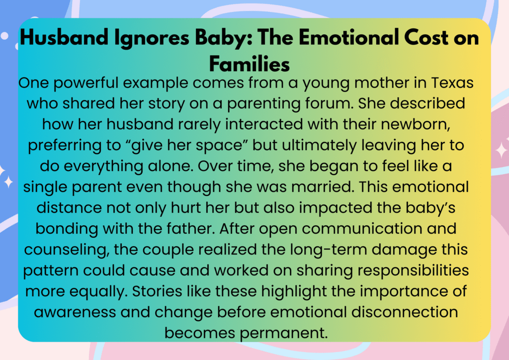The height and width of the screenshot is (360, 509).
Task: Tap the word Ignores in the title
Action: [152, 39]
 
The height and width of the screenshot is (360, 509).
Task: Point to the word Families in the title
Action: [250, 64]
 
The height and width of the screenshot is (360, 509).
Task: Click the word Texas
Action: [452, 83]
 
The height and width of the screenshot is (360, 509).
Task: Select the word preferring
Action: [64, 146]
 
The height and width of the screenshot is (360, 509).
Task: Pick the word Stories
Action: [157, 291]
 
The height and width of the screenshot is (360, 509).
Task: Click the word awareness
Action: [75, 312]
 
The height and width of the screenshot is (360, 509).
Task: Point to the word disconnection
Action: [405, 312]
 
